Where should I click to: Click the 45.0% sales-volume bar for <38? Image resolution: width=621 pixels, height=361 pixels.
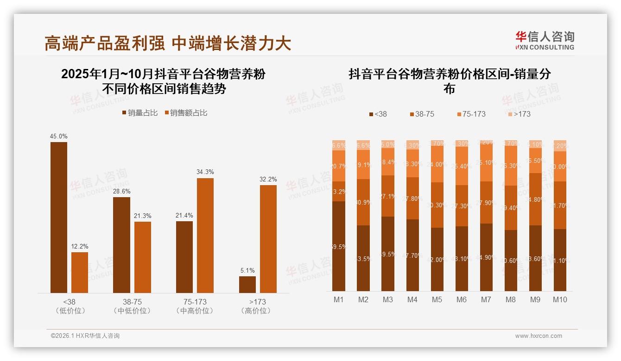(59, 217)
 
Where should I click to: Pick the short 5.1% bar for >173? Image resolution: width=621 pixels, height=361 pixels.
(247, 284)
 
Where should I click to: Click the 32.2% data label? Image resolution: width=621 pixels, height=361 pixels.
(268, 179)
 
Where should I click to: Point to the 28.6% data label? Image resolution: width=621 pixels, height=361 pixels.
(121, 191)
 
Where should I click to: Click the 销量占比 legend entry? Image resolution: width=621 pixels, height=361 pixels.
(139, 113)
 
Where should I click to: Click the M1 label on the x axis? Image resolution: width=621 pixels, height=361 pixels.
(339, 299)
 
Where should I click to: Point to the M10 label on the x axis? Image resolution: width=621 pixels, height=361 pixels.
(560, 299)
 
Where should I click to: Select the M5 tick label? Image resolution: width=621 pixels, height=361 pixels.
(437, 299)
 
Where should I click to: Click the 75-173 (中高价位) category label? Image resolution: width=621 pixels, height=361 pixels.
(195, 306)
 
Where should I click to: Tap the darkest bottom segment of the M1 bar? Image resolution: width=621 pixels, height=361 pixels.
(339, 246)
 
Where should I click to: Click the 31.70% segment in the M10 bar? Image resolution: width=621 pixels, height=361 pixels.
(560, 205)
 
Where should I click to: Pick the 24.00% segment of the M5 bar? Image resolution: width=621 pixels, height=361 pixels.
(437, 164)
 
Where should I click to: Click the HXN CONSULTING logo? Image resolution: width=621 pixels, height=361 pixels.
(545, 40)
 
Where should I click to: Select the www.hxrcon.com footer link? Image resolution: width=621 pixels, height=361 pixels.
(539, 336)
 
